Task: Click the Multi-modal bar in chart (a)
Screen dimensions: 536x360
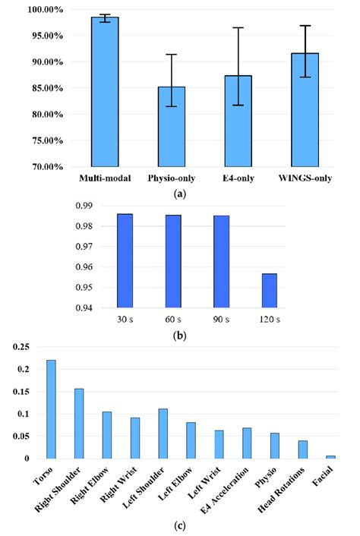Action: coord(104,91)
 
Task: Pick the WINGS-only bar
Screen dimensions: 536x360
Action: coord(305,109)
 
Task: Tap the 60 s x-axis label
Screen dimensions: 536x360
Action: coord(173,318)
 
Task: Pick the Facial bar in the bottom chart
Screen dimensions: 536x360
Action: coord(331,457)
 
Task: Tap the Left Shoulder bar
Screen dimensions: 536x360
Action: coord(163,433)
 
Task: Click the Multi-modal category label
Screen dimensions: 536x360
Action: coord(104,178)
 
